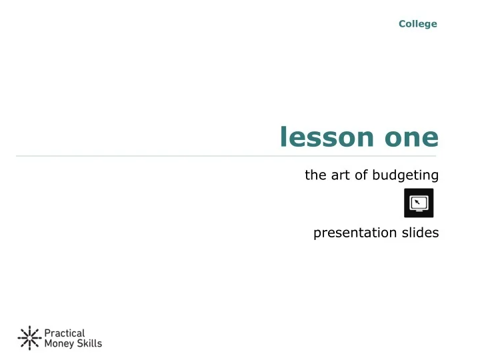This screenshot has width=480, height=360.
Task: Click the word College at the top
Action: click(418, 24)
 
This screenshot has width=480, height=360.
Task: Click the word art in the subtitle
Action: click(336, 175)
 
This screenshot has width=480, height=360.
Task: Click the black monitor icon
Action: click(419, 203)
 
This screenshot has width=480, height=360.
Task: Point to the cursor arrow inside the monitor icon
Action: click(416, 200)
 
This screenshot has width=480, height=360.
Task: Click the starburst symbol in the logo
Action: click(28, 339)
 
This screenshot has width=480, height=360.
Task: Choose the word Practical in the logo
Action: click(64, 333)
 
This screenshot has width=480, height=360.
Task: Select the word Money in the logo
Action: click(59, 344)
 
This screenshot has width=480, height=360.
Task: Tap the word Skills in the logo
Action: click(89, 344)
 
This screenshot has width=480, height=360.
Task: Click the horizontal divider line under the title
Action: click(227, 156)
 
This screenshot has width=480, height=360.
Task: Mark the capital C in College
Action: click(402, 24)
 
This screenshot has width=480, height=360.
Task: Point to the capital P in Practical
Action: click(47, 333)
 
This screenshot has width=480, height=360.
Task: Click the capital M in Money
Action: click(48, 344)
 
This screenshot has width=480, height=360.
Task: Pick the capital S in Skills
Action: click(79, 344)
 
